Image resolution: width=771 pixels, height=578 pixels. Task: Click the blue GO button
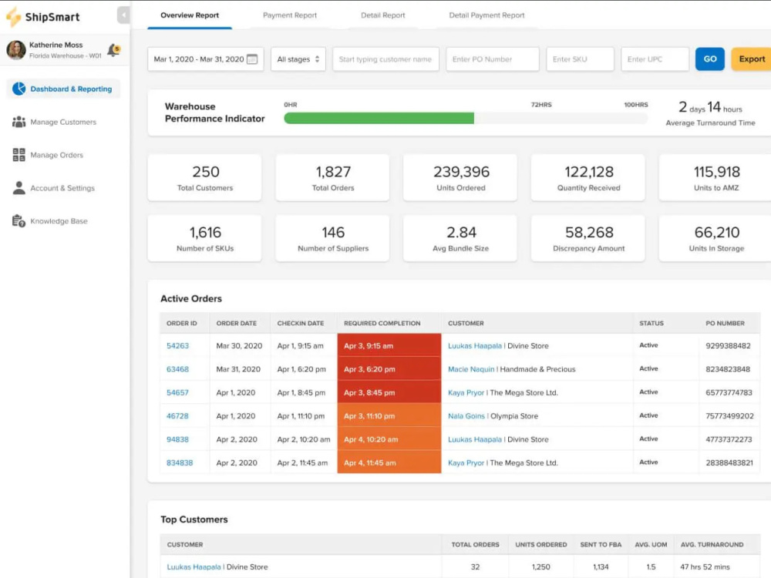pos(709,59)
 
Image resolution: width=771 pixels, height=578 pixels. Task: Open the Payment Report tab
pos(290,15)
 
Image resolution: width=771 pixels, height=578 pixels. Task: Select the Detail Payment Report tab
pos(487,15)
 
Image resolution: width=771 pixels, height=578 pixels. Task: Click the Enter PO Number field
pos(492,59)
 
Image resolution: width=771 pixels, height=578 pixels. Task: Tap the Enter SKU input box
pos(580,59)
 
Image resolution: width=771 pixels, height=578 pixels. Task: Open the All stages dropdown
pos(298,59)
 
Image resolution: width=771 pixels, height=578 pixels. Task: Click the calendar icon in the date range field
pos(252,59)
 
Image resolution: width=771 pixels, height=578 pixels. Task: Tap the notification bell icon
pos(113,49)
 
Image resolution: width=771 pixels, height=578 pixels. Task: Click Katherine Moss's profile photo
pos(16,49)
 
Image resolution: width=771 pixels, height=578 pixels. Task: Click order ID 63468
pos(177,369)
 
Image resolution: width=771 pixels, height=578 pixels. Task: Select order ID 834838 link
pos(180,462)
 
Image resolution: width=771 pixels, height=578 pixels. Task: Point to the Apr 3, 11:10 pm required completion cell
pos(389,416)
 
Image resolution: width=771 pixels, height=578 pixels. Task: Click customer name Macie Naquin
pos(471,369)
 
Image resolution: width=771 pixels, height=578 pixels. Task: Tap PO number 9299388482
pos(728,345)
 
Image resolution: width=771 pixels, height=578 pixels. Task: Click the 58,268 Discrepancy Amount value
pos(589,232)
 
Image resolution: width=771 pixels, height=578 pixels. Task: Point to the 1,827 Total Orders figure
pos(333,172)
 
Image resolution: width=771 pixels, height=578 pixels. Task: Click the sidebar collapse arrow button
pos(123,15)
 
